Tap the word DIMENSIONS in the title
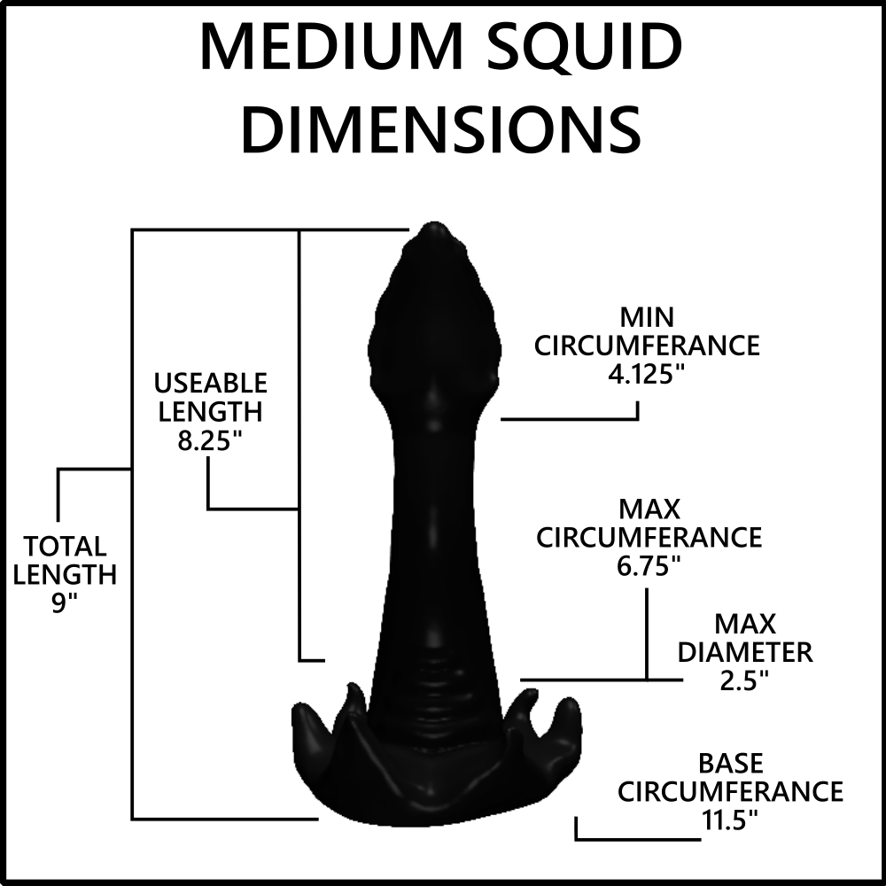point(441,128)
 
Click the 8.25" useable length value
point(206,440)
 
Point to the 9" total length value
point(64,602)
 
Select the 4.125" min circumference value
point(647,374)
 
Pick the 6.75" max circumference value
point(649,565)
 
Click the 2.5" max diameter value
point(744,680)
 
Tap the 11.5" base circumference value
point(729,820)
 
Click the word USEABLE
point(211,384)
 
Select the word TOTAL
point(65,547)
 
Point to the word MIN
point(647,317)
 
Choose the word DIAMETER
point(745,653)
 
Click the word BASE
point(731,764)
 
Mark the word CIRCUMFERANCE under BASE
point(730,791)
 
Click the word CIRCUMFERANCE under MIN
point(647,346)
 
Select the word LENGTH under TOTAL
point(65,575)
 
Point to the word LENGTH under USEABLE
point(210,412)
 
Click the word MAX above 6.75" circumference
point(649,509)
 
